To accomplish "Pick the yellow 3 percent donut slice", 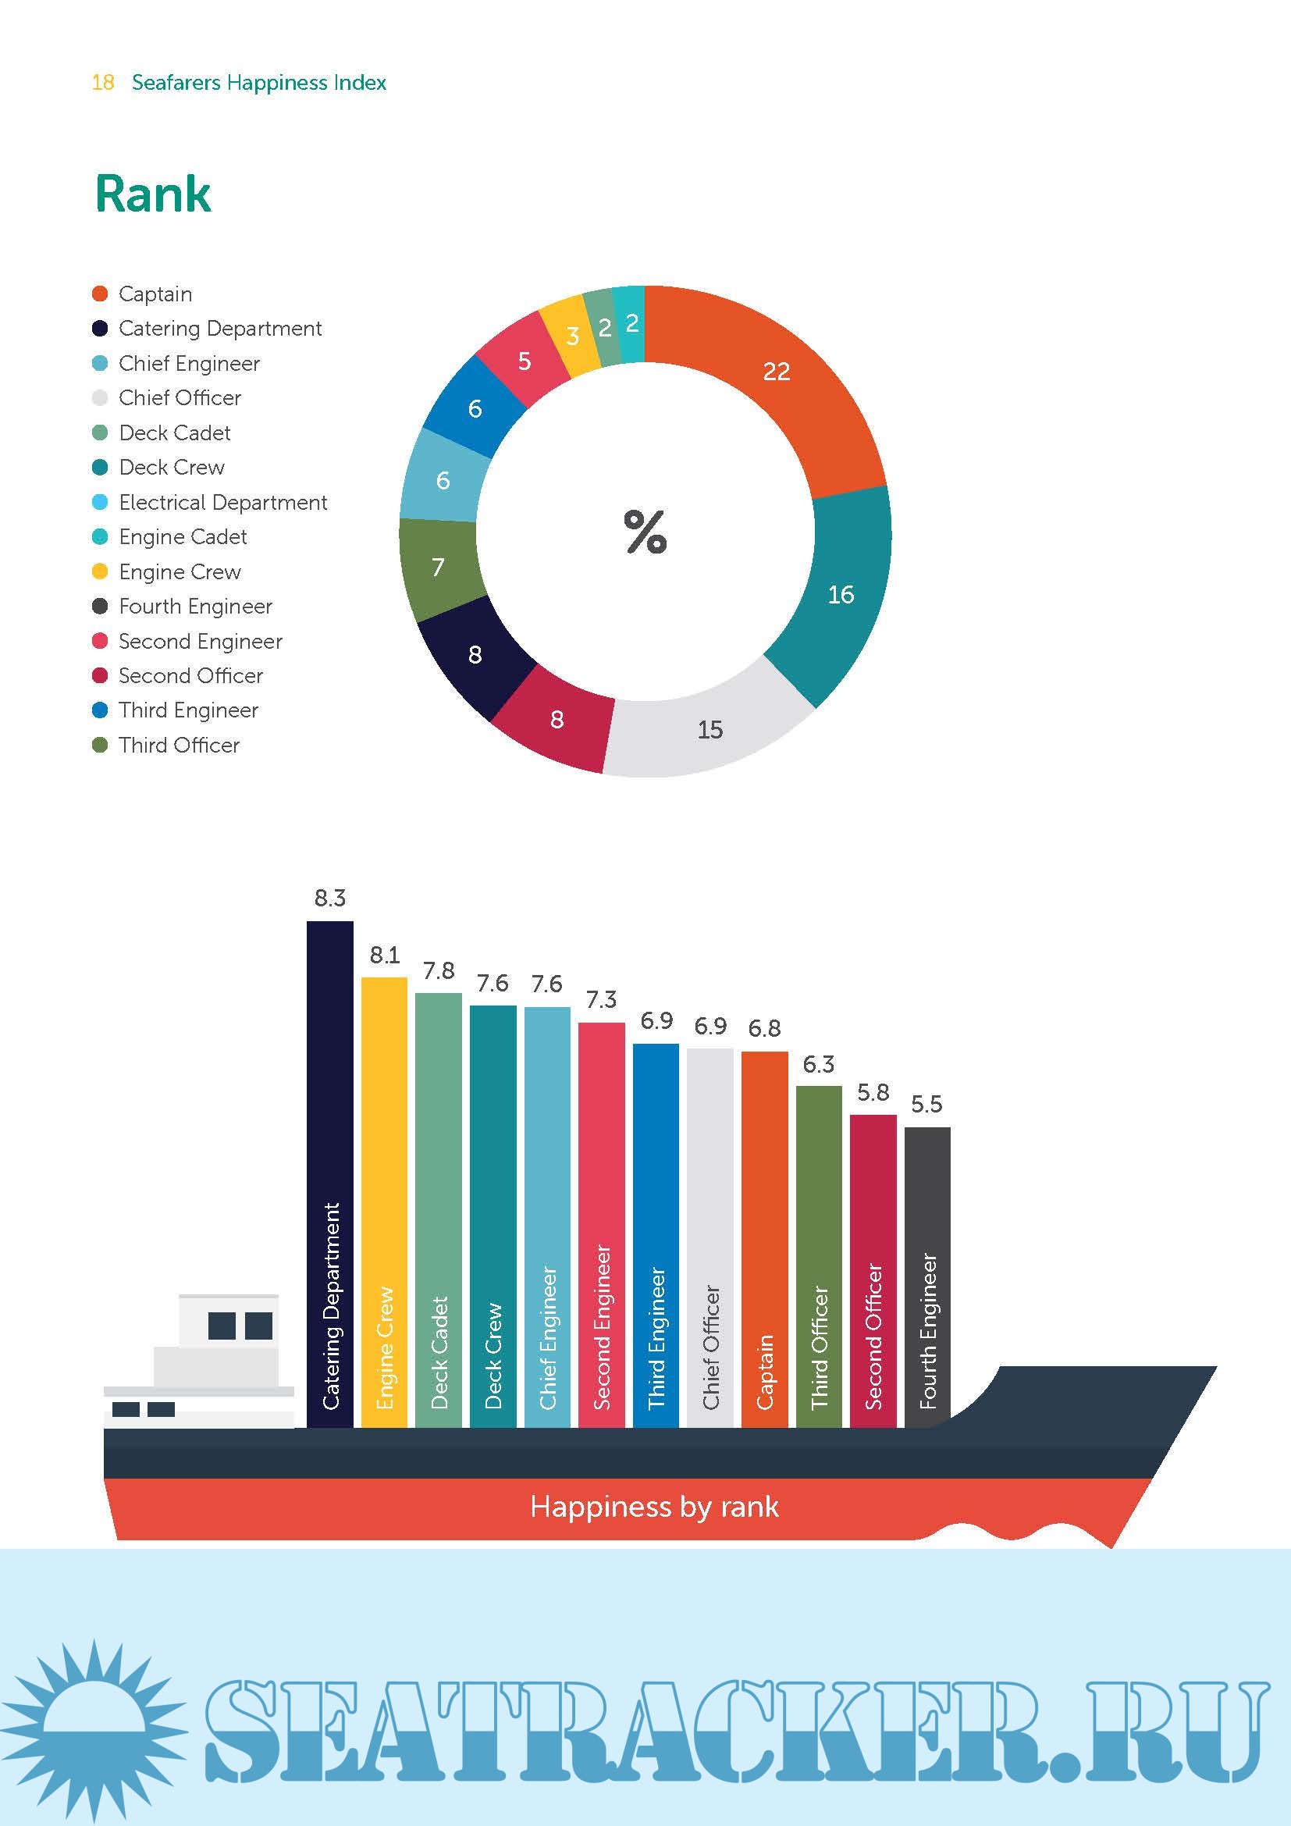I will click(x=571, y=336).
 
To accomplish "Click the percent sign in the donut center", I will click(x=645, y=532).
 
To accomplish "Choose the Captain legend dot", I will click(x=100, y=294).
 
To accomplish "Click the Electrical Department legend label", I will click(x=222, y=503).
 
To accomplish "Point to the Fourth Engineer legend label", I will click(x=196, y=607).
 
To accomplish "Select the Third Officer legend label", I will click(x=179, y=746).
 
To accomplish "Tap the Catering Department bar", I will click(x=330, y=1177).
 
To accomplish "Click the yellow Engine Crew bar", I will click(x=384, y=1201).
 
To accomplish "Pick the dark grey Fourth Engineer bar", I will click(x=927, y=1273).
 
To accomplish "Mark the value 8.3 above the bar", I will click(x=330, y=898).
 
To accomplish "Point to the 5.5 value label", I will click(x=926, y=1104).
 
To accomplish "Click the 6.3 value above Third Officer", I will click(x=818, y=1064).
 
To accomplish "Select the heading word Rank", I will click(x=153, y=194).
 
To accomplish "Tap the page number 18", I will click(x=103, y=83).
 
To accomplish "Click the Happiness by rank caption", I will click(x=654, y=1506).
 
